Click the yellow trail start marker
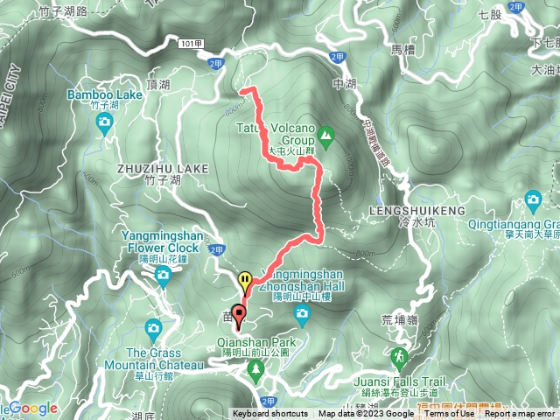pyautogui.click(x=246, y=281)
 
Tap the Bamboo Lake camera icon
pyautogui.click(x=105, y=123)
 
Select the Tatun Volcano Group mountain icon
pyautogui.click(x=325, y=135)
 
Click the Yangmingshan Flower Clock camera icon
pyautogui.click(x=164, y=276)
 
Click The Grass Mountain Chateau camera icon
pyautogui.click(x=154, y=329)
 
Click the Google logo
pyautogui.click(x=33, y=408)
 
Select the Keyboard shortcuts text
pyautogui.click(x=270, y=414)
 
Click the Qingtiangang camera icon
pyautogui.click(x=533, y=202)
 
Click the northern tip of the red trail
pyautogui.click(x=242, y=90)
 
